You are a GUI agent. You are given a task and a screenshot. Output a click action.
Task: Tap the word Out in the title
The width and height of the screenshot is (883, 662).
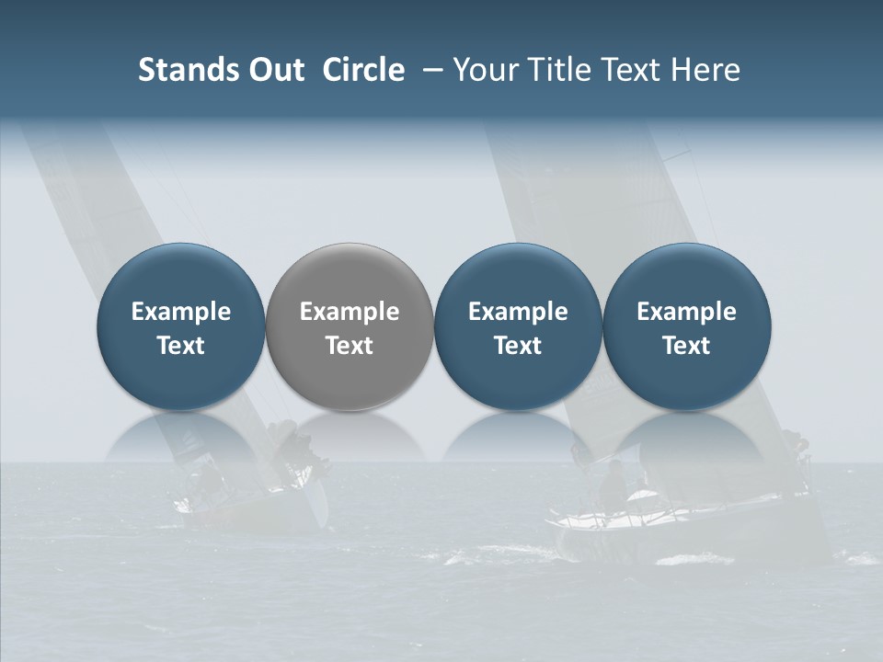pyautogui.click(x=274, y=70)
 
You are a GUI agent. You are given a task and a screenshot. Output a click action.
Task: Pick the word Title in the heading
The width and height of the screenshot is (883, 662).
pyautogui.click(x=562, y=70)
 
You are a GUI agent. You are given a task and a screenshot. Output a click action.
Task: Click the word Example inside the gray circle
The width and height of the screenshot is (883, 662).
pyautogui.click(x=350, y=312)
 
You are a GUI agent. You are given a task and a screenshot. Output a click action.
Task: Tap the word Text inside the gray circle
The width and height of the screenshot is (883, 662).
pyautogui.click(x=350, y=346)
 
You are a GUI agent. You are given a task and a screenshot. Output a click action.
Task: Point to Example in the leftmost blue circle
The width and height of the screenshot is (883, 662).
pyautogui.click(x=180, y=312)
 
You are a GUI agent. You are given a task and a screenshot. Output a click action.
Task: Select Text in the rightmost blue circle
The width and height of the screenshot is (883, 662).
pyautogui.click(x=686, y=346)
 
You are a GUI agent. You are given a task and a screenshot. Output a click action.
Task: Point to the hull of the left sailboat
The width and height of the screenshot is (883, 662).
pyautogui.click(x=248, y=510)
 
